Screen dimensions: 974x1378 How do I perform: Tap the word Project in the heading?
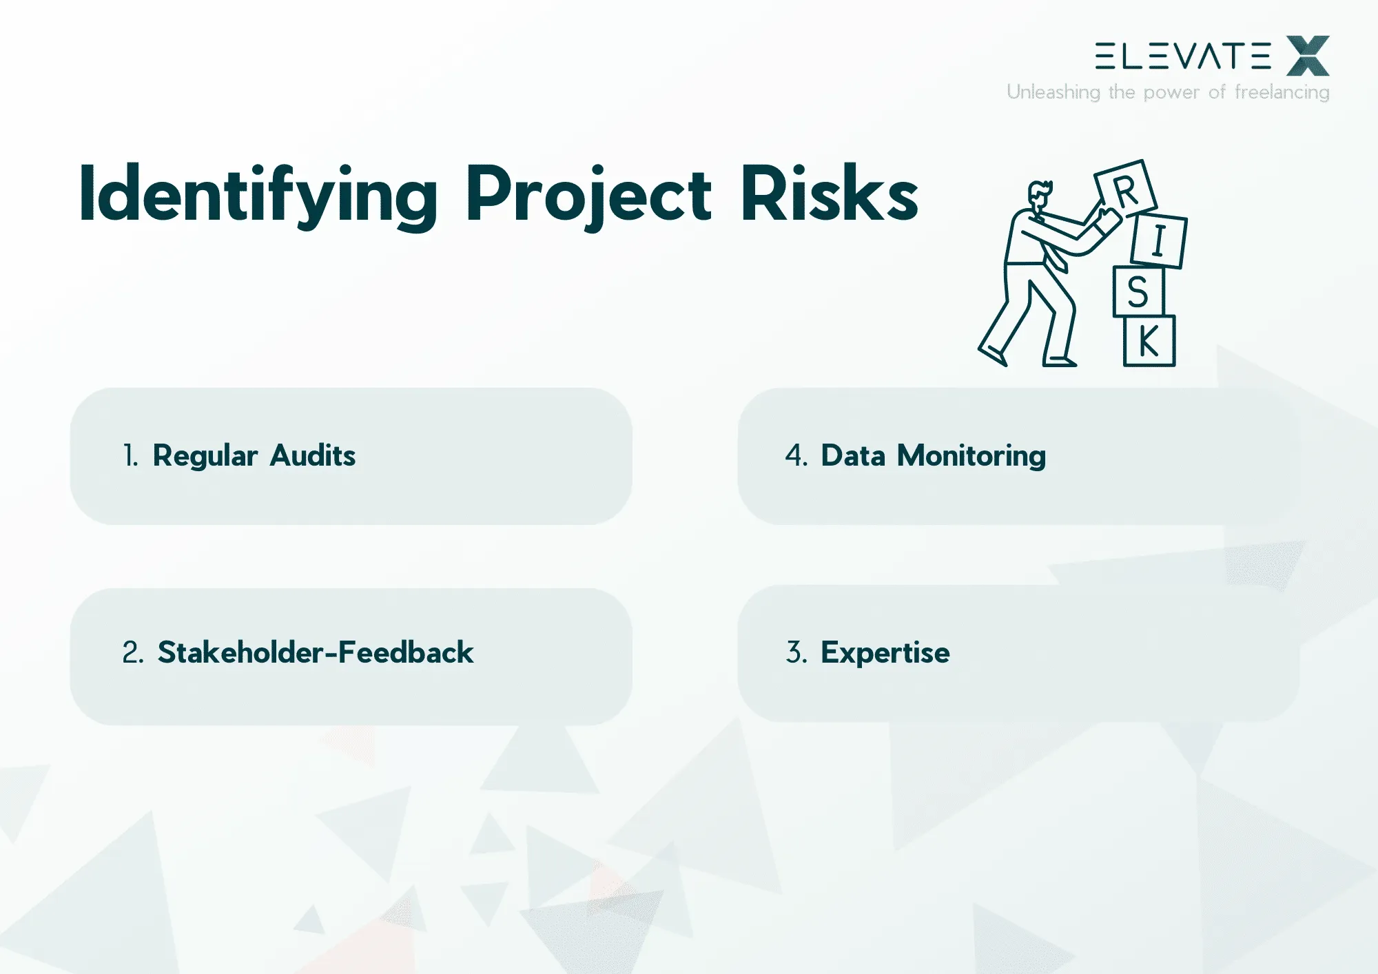588,195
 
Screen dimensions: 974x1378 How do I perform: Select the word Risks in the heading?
829,195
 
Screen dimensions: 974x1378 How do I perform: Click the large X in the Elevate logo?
1308,56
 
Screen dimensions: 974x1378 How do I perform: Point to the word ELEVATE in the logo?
1183,56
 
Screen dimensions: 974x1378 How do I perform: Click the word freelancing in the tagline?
1282,92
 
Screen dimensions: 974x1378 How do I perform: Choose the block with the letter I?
1159,241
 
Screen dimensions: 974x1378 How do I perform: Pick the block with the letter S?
1138,292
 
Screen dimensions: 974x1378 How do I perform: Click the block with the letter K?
1149,341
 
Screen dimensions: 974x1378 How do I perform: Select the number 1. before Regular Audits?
130,456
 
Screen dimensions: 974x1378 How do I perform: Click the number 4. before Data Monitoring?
796,456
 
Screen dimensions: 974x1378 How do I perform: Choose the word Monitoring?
971,456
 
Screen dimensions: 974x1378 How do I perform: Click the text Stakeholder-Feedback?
316,652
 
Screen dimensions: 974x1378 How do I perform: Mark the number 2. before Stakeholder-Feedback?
133,652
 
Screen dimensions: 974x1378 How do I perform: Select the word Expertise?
885,652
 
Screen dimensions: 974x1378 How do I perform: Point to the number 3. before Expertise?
796,652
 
